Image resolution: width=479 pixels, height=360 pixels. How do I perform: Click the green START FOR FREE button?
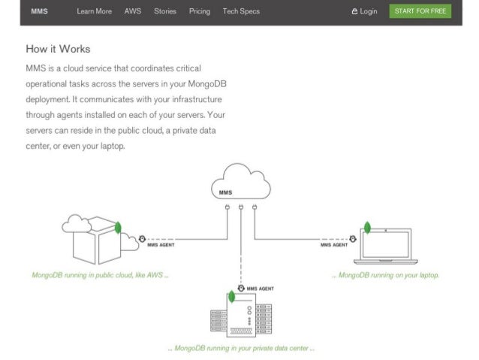point(420,11)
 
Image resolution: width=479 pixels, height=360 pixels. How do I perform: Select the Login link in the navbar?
point(364,11)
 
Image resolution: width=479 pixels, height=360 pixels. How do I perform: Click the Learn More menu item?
point(94,11)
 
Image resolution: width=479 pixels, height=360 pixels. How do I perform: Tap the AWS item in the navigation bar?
point(132,11)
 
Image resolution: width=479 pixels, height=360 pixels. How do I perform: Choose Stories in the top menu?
point(165,11)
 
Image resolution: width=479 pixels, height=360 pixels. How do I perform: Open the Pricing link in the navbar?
point(200,11)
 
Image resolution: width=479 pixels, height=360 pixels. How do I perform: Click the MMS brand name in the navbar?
point(39,11)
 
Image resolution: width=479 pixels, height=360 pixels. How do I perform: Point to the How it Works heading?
point(58,49)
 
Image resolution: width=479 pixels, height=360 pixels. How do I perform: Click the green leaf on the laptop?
point(368,227)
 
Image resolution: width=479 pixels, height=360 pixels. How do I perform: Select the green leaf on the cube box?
point(118,226)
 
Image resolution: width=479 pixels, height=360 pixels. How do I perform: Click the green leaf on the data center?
point(231,297)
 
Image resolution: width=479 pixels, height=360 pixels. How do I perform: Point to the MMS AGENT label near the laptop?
point(333,245)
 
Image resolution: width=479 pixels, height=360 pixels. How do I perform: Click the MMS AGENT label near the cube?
point(161,245)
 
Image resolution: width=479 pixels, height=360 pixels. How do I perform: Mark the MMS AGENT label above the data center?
point(260,288)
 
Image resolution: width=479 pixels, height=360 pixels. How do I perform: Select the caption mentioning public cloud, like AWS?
point(100,275)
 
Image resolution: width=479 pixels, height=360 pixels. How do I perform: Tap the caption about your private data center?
point(240,348)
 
